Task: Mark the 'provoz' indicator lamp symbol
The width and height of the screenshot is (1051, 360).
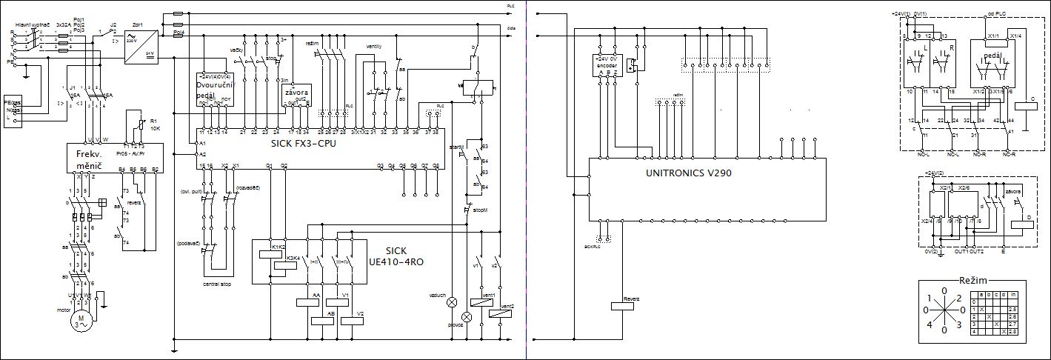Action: [467, 316]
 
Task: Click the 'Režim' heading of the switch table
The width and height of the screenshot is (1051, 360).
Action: [973, 281]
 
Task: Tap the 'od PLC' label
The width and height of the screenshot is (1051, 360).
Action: [995, 13]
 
